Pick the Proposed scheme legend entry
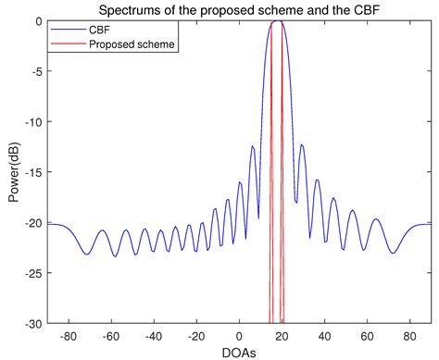click(x=122, y=43)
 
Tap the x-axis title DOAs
click(x=239, y=353)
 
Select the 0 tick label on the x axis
click(x=239, y=336)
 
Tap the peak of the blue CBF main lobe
click(x=277, y=21)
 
